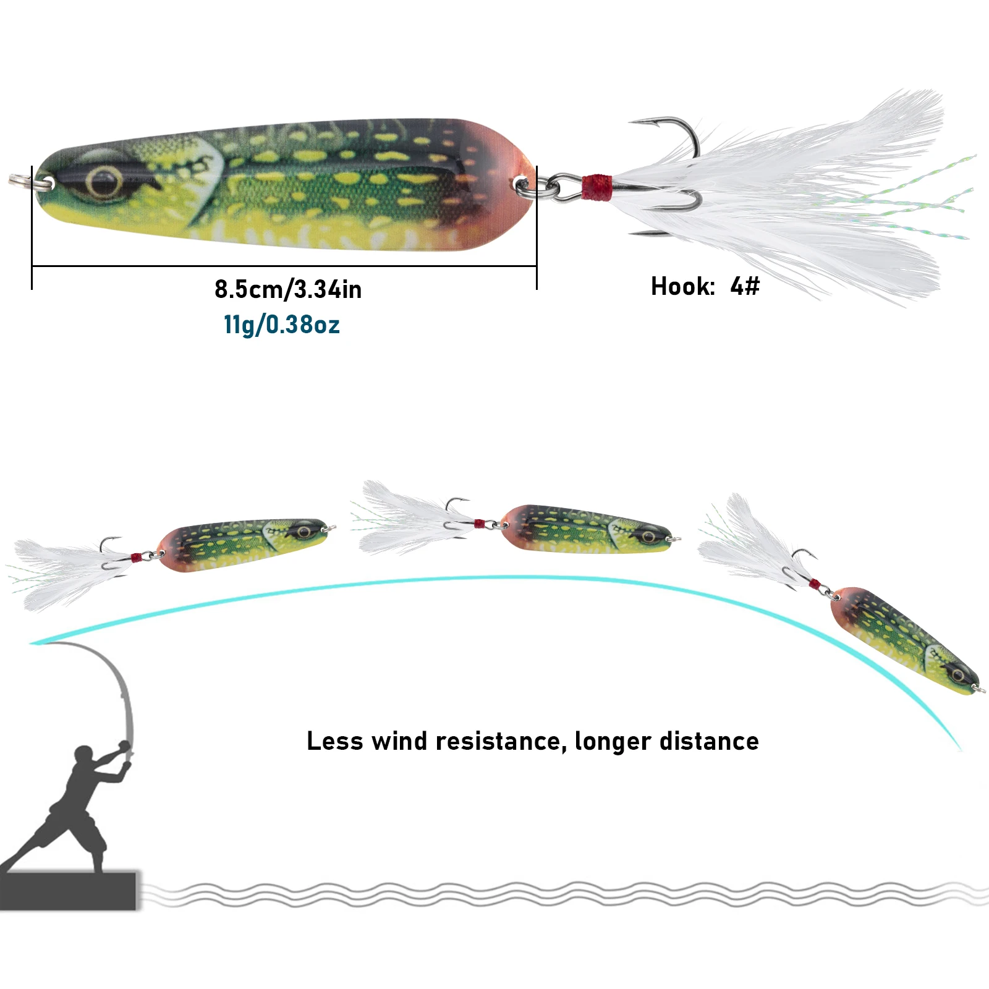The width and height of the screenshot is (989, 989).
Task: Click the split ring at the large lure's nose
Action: (22, 180)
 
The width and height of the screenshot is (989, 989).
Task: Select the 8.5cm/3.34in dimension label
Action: (288, 289)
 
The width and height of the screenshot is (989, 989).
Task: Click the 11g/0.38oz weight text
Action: (282, 325)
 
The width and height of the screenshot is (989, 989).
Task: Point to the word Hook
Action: (682, 286)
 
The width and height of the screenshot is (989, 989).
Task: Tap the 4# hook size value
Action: (744, 286)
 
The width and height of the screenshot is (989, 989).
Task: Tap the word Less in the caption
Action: (334, 741)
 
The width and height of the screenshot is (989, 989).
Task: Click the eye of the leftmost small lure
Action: (303, 532)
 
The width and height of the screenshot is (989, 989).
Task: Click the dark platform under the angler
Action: (68, 890)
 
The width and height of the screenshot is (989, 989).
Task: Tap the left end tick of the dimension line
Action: (32, 266)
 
